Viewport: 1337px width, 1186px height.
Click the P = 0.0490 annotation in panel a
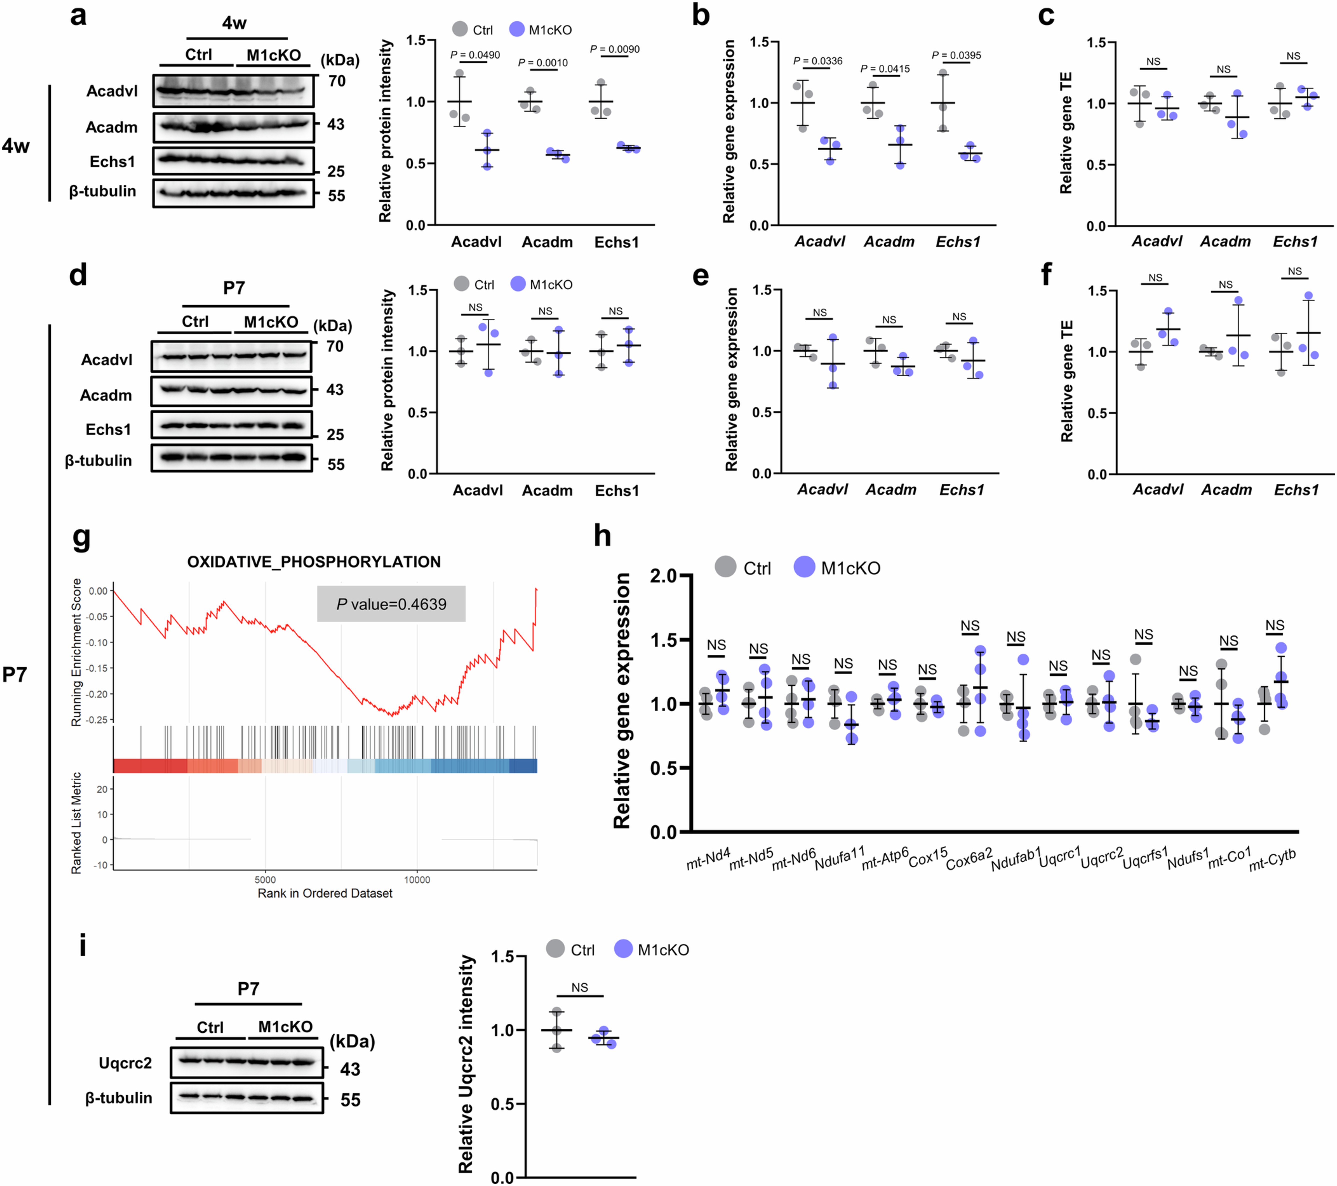coord(475,55)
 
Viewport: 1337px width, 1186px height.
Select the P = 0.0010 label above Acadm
coord(543,63)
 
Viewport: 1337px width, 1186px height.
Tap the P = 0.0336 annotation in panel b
coord(818,61)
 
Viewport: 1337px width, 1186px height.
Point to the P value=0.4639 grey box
coord(391,604)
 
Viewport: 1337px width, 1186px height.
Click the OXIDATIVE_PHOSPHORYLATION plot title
coord(314,562)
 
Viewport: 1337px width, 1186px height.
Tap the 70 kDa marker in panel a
coord(337,81)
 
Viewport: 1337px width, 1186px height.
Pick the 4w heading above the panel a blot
coord(234,23)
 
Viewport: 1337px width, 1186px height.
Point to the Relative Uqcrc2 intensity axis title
coord(466,1064)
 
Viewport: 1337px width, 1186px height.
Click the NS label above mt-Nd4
coord(716,645)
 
